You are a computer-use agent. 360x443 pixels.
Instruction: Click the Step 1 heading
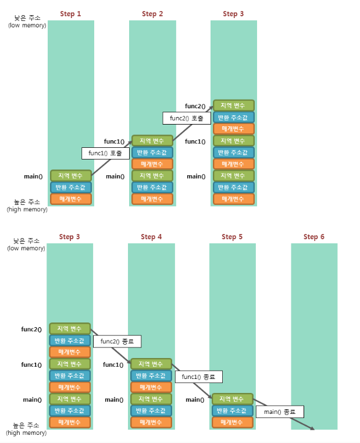pyautogui.click(x=70, y=14)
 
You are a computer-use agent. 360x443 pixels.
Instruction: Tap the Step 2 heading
pyautogui.click(x=152, y=14)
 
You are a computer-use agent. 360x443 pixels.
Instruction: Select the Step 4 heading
pyautogui.click(x=151, y=237)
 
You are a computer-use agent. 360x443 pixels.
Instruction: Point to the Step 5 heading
pyautogui.click(x=232, y=237)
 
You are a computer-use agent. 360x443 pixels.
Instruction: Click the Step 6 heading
pyautogui.click(x=314, y=237)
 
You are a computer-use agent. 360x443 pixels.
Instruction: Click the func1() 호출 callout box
pyautogui.click(x=106, y=154)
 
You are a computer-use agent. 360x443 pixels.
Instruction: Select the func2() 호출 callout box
pyautogui.click(x=187, y=118)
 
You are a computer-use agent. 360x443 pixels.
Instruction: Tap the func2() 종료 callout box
pyautogui.click(x=117, y=341)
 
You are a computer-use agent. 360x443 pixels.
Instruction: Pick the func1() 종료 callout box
pyautogui.click(x=199, y=377)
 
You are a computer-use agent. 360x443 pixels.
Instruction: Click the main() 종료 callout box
pyautogui.click(x=280, y=412)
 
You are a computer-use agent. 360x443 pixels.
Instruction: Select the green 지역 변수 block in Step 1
pyautogui.click(x=71, y=176)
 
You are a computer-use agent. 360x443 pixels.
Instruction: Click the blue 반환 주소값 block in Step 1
pyautogui.click(x=71, y=187)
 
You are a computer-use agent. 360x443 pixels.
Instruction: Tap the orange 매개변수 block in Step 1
pyautogui.click(x=71, y=199)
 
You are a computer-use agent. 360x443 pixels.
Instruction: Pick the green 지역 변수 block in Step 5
pyautogui.click(x=233, y=399)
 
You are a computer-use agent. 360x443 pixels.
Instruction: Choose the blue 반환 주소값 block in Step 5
pyautogui.click(x=233, y=410)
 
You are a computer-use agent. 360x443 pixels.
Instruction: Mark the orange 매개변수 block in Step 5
pyautogui.click(x=233, y=423)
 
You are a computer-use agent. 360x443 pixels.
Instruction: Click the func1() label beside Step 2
pyautogui.click(x=114, y=141)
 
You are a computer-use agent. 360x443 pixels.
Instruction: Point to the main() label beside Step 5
pyautogui.click(x=195, y=400)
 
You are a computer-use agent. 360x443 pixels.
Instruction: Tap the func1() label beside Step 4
pyautogui.click(x=113, y=365)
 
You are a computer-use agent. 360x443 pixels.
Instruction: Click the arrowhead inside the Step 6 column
pyautogui.click(x=312, y=428)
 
